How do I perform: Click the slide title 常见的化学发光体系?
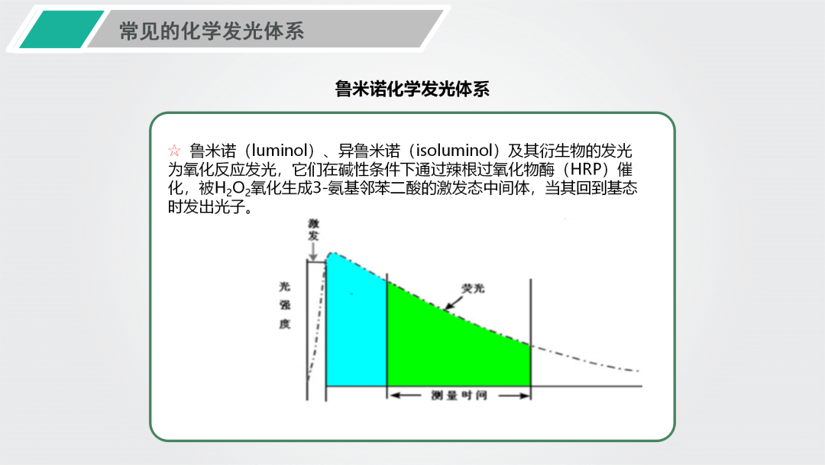(212, 31)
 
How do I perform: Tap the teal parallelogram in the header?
(62, 30)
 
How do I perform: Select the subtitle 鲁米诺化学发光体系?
(412, 89)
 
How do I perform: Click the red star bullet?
(174, 151)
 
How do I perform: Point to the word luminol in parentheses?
(280, 151)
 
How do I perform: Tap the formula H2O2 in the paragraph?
(232, 189)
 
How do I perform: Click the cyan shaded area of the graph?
(356, 321)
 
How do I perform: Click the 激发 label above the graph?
(314, 229)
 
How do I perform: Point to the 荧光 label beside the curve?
(473, 288)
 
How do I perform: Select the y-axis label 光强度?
(285, 305)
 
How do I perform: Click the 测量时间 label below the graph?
(459, 395)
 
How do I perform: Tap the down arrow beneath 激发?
(314, 252)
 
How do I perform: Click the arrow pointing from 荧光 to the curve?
(454, 303)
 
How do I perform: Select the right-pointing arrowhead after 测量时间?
(524, 395)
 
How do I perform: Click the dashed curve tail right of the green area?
(585, 360)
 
